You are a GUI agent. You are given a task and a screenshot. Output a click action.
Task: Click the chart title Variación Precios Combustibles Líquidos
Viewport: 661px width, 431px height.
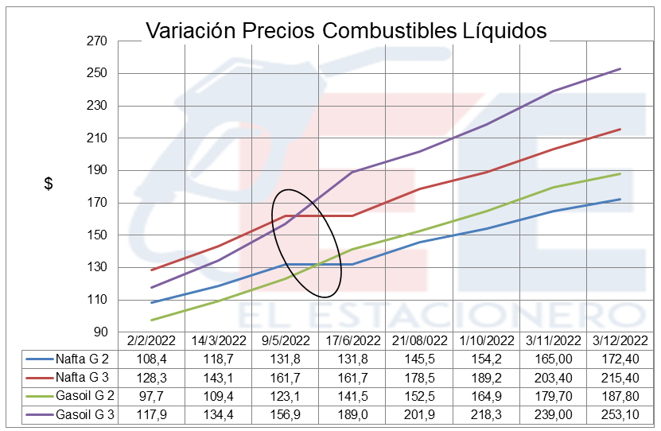click(x=346, y=30)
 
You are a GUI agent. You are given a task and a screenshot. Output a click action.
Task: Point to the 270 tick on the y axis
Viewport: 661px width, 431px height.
click(x=107, y=41)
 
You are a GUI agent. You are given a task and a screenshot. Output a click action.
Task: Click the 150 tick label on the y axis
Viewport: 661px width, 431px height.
click(x=107, y=235)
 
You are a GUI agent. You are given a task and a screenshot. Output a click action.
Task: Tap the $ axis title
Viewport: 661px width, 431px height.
click(x=49, y=184)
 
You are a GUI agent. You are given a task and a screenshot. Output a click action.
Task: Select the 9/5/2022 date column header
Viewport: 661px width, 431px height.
click(x=285, y=340)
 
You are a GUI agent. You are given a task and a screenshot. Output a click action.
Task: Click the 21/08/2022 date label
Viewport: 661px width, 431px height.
click(x=418, y=340)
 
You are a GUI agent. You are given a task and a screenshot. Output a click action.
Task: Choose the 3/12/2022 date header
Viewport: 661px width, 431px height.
click(x=619, y=340)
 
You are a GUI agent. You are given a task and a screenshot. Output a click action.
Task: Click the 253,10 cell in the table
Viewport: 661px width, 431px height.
click(x=619, y=414)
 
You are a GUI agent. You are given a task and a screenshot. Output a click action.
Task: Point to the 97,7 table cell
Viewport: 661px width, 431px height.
click(x=151, y=396)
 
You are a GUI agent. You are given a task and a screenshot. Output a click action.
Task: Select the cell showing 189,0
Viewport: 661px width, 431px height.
click(x=352, y=414)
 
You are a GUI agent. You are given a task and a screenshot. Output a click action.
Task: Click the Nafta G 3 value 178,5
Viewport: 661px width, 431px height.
click(x=418, y=378)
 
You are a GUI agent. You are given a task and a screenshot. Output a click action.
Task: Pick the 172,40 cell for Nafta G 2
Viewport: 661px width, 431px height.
click(x=619, y=359)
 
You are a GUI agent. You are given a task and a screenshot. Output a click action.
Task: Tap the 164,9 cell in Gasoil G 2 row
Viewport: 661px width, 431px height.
click(x=485, y=396)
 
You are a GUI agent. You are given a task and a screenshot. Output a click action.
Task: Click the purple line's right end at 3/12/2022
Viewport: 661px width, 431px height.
click(x=620, y=69)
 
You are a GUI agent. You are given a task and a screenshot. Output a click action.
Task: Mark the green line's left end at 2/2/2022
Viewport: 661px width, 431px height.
click(x=151, y=320)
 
